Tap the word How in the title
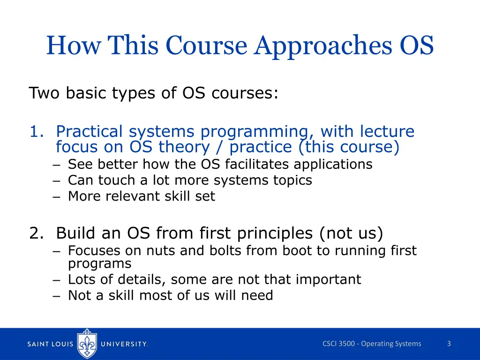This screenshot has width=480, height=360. pyautogui.click(x=73, y=46)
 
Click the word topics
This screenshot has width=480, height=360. pyautogui.click(x=293, y=180)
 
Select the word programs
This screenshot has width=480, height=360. pyautogui.click(x=100, y=264)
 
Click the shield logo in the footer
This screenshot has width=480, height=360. pyautogui.click(x=88, y=344)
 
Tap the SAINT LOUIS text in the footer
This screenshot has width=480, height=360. pyautogui.click(x=50, y=344)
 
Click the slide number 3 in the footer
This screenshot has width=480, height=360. pyautogui.click(x=449, y=344)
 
